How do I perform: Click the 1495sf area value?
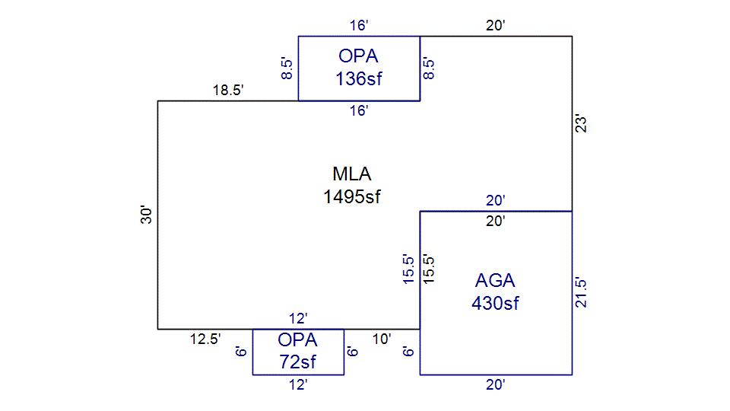[x=351, y=197]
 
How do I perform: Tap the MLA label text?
[x=351, y=174]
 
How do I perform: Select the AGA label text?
[x=495, y=279]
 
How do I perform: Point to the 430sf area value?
[x=495, y=303]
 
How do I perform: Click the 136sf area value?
[x=358, y=78]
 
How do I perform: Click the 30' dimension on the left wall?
[x=147, y=215]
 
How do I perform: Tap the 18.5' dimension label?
[x=227, y=91]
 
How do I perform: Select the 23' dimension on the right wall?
[x=582, y=123]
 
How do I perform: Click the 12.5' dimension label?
[x=205, y=339]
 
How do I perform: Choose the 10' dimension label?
[x=382, y=339]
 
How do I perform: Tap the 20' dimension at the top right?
[x=496, y=26]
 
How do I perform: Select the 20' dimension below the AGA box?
[x=496, y=385]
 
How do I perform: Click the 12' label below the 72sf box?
[x=297, y=385]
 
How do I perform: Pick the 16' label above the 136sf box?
[x=358, y=26]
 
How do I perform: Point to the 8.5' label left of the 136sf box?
[x=287, y=68]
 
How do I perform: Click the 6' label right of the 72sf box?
[x=353, y=352]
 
